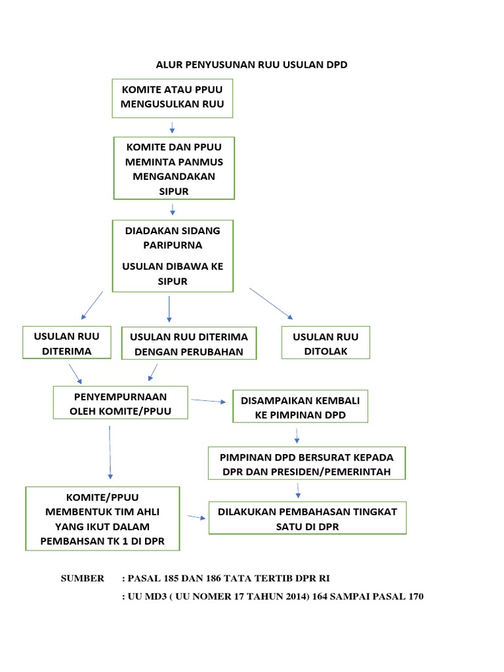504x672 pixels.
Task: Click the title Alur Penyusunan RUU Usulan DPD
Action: coord(251,64)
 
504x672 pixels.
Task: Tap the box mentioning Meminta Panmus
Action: coord(174,168)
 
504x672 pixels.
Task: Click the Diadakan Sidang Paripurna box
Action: coord(173,255)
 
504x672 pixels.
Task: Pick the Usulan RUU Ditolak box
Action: coord(326,343)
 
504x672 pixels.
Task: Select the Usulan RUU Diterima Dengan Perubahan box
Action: coord(189,344)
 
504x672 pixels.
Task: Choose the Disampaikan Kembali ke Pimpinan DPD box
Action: coord(300,408)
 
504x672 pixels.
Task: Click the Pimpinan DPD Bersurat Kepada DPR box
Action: coord(306,463)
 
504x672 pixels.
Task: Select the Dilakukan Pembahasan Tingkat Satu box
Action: coord(307,518)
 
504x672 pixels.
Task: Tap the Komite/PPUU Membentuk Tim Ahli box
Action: coord(102,518)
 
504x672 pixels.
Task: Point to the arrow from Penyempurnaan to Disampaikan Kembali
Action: coord(208,401)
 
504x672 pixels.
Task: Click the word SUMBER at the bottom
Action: coord(82,578)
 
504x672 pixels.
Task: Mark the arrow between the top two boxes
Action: coord(172,127)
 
